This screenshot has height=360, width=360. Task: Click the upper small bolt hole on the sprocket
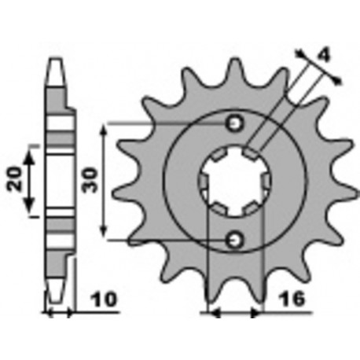coord(233,123)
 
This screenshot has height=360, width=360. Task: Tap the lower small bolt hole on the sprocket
coord(233,238)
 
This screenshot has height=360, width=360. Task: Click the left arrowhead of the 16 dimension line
coord(210,314)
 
